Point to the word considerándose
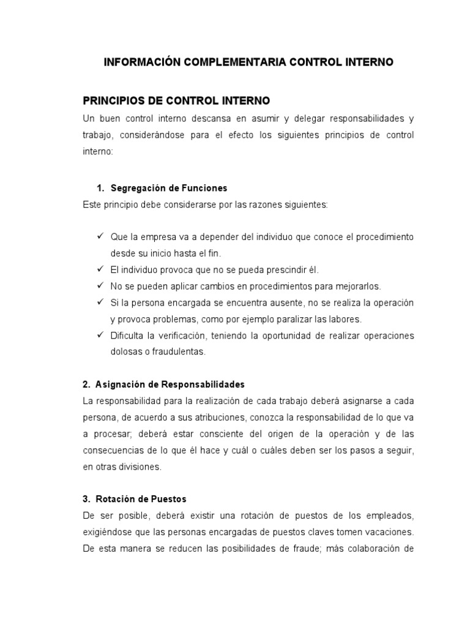click(165, 134)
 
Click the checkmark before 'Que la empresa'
click(100, 236)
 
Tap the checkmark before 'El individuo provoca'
click(100, 269)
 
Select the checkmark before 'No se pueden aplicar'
click(100, 286)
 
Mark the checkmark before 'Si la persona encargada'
click(100, 302)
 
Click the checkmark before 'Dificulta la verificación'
click(100, 336)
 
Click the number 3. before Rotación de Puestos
click(86, 499)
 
